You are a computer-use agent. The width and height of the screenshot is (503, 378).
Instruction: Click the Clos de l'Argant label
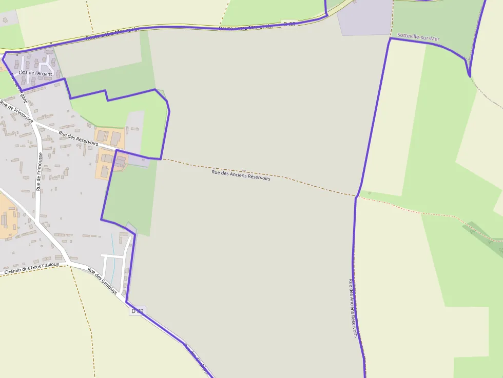[x=35, y=73]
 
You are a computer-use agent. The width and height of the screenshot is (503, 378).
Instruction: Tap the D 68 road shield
[x=289, y=24]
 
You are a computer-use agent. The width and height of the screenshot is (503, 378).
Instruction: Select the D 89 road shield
[x=138, y=311]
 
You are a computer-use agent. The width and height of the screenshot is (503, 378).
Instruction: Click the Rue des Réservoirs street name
[x=78, y=138]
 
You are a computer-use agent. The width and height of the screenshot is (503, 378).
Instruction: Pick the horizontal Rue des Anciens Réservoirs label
[x=241, y=175]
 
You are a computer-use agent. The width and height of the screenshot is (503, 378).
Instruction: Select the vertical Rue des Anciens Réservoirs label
[x=353, y=308]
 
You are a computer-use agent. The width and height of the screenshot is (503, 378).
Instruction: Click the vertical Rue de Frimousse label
[x=39, y=171]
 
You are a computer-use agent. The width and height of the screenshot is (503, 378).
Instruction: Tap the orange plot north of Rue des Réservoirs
[x=110, y=137]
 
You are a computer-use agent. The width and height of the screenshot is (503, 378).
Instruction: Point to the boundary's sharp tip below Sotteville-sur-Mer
[x=469, y=76]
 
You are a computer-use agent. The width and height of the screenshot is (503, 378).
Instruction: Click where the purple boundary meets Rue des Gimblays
[x=127, y=302]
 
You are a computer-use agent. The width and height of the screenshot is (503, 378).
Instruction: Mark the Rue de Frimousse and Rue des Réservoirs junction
[x=35, y=123]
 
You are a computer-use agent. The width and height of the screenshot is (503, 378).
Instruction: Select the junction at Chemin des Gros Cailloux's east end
[x=69, y=263]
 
